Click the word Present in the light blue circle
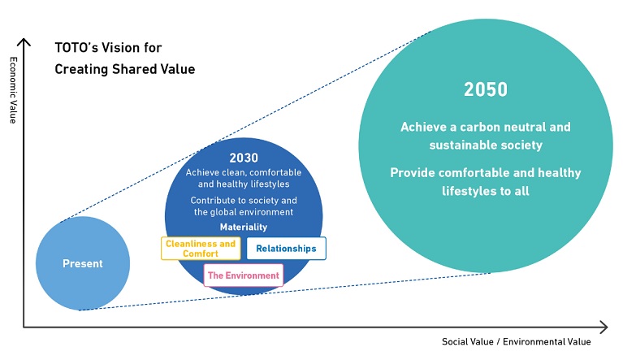[83, 263]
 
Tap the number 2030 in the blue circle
[244, 158]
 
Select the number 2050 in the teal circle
[486, 89]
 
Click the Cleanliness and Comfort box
[201, 249]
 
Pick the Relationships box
[287, 249]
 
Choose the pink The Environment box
[244, 275]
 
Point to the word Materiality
[244, 227]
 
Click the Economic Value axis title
[13, 90]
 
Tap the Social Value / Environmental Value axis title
[516, 342]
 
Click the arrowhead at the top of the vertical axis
[24, 39]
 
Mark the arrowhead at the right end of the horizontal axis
[607, 327]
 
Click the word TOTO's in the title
[76, 48]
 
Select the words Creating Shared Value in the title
[125, 69]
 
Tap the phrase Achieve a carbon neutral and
[486, 127]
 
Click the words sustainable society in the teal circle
[486, 145]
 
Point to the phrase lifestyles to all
[486, 191]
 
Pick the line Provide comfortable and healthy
[486, 173]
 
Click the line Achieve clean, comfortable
[244, 172]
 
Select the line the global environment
[244, 212]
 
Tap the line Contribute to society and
[244, 200]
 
